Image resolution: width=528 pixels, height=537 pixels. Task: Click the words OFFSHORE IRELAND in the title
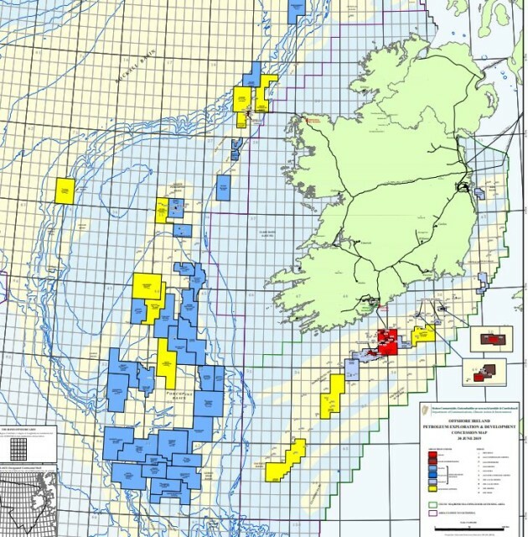pyautogui.click(x=468, y=424)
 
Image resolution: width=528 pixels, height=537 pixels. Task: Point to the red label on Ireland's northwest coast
pyautogui.click(x=315, y=120)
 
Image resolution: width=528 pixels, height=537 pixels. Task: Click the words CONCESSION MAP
pyautogui.click(x=468, y=434)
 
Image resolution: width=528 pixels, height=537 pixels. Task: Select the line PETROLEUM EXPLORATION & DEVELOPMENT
pyautogui.click(x=468, y=429)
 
